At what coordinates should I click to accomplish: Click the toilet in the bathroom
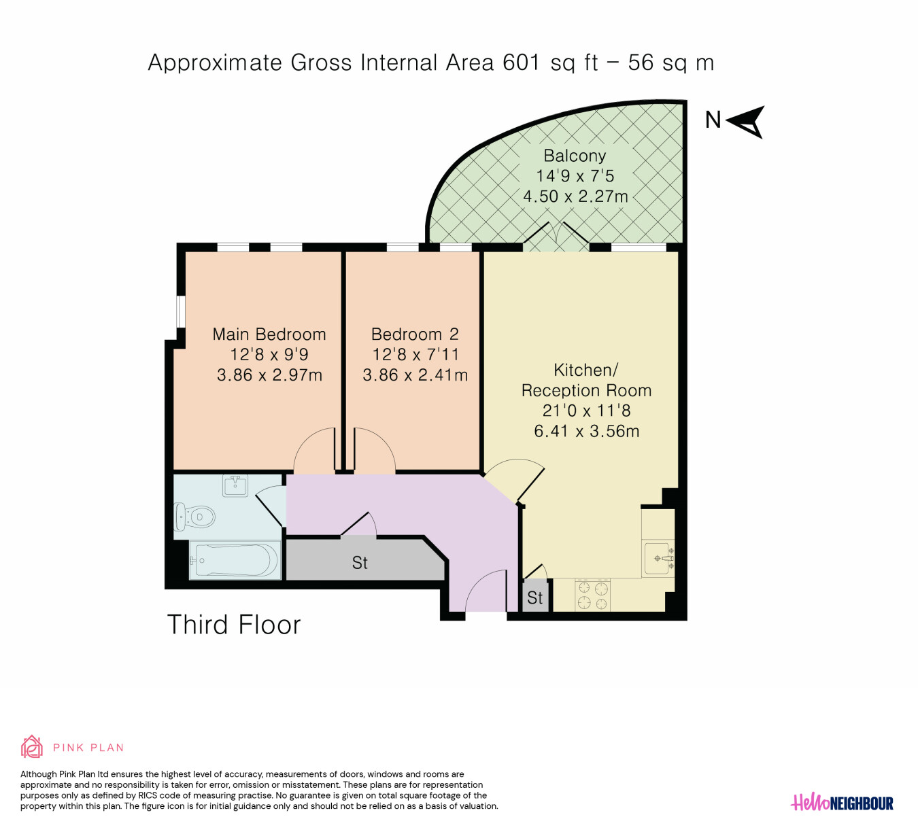195,517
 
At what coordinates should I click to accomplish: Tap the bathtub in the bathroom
235,559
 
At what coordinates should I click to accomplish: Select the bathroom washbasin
235,485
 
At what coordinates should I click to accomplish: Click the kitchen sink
658,558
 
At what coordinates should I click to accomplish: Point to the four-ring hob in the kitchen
593,595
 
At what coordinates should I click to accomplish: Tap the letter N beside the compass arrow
713,120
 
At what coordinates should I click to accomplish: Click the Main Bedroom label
269,334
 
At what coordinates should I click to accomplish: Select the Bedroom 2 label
415,334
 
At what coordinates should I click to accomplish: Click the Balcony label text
575,156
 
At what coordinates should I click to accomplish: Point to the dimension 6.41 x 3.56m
587,431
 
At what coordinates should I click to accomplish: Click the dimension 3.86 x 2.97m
269,375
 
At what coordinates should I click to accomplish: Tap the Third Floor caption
234,625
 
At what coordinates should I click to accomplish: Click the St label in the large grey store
360,563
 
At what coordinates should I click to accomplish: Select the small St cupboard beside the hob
535,596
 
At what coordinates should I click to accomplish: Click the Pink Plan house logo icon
31,747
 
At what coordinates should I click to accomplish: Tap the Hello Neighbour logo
842,803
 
